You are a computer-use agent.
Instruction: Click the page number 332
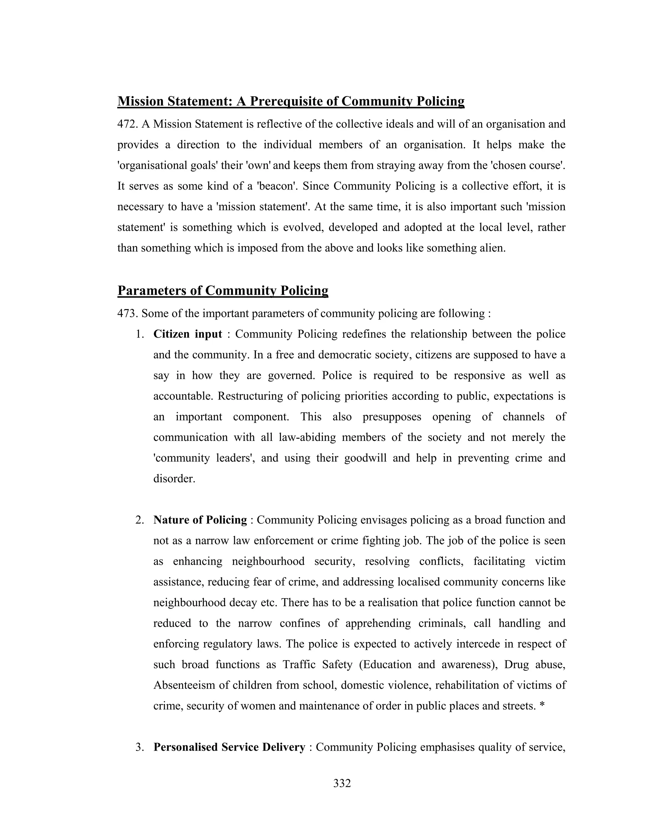[342, 783]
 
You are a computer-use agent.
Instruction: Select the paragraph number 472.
[128, 124]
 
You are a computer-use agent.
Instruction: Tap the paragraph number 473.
[128, 313]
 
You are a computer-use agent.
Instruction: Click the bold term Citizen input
[188, 334]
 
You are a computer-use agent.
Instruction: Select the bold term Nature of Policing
[200, 520]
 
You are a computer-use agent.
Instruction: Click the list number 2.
[139, 520]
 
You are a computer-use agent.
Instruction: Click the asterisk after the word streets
[542, 706]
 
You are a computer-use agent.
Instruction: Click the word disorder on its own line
[174, 479]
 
